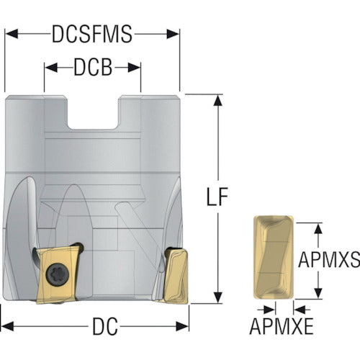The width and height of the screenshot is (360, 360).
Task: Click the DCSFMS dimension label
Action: pos(92,34)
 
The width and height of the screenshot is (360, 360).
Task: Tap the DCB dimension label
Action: pos(93,68)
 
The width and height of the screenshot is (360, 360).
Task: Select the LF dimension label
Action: pos(217,197)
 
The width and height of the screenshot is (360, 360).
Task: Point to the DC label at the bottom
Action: pos(105,326)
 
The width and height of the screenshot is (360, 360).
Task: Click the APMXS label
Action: pos(329,259)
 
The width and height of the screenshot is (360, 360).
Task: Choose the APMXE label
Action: pos(282,326)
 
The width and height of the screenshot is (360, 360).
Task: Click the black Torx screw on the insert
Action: pos(58,274)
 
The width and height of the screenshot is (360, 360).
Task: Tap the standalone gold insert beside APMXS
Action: pos(274,257)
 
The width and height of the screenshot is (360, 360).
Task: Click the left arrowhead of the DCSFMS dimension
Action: pos(12,34)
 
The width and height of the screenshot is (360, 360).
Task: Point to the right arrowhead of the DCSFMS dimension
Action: pos(173,34)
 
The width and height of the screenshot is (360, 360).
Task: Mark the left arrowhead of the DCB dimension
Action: pos(51,68)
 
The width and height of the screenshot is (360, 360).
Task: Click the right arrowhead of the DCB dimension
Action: pos(134,68)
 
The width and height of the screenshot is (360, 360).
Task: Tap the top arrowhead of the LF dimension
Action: pos(217,101)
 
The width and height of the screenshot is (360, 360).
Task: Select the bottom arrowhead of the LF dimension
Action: pos(217,297)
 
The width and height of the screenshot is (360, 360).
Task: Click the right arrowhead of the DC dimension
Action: pos(182,326)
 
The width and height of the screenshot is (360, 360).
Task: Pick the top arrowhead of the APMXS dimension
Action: pos(318,228)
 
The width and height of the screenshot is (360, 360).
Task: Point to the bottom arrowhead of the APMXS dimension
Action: pos(318,293)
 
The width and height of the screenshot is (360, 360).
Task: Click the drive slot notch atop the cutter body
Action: pos(93,112)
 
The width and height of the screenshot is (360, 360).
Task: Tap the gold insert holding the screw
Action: pos(59,274)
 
